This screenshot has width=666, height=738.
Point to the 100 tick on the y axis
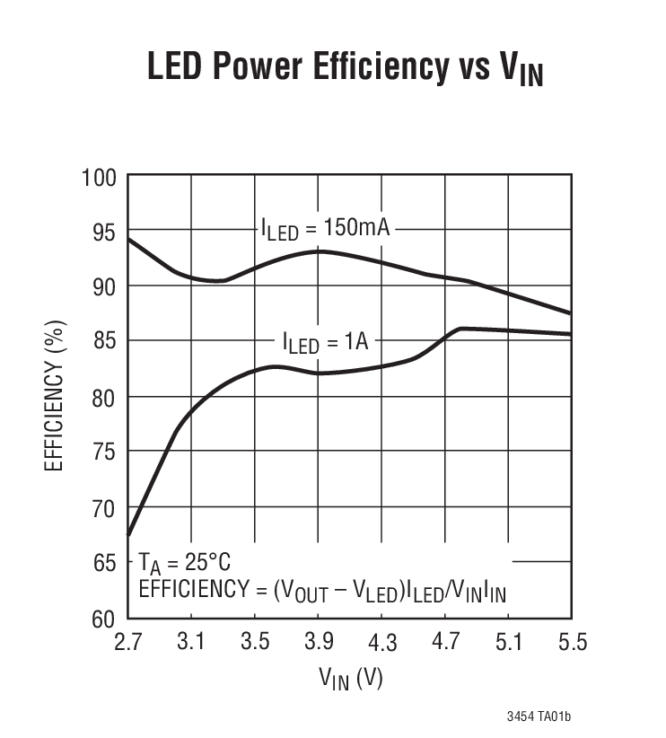click(x=100, y=176)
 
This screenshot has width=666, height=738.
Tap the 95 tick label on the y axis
click(x=104, y=232)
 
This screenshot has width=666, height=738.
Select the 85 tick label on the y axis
click(x=104, y=342)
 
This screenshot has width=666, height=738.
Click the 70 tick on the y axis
click(x=104, y=508)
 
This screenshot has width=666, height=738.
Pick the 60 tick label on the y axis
click(x=104, y=619)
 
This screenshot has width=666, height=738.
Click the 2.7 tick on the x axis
click(x=127, y=643)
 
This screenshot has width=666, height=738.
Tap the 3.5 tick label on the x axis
click(x=254, y=643)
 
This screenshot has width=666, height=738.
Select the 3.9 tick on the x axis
click(x=318, y=643)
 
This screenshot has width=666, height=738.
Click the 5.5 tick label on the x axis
click(x=571, y=643)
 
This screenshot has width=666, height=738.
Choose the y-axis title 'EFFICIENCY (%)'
click(x=55, y=396)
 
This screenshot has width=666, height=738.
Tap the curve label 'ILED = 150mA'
click(x=326, y=229)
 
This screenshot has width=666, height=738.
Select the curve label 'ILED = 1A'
click(x=326, y=342)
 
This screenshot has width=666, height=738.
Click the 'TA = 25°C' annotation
click(x=184, y=564)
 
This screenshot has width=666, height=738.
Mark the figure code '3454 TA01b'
click(x=538, y=716)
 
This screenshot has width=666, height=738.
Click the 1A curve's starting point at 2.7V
click(x=128, y=536)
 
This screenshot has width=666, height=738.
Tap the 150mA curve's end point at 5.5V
click(x=571, y=313)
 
